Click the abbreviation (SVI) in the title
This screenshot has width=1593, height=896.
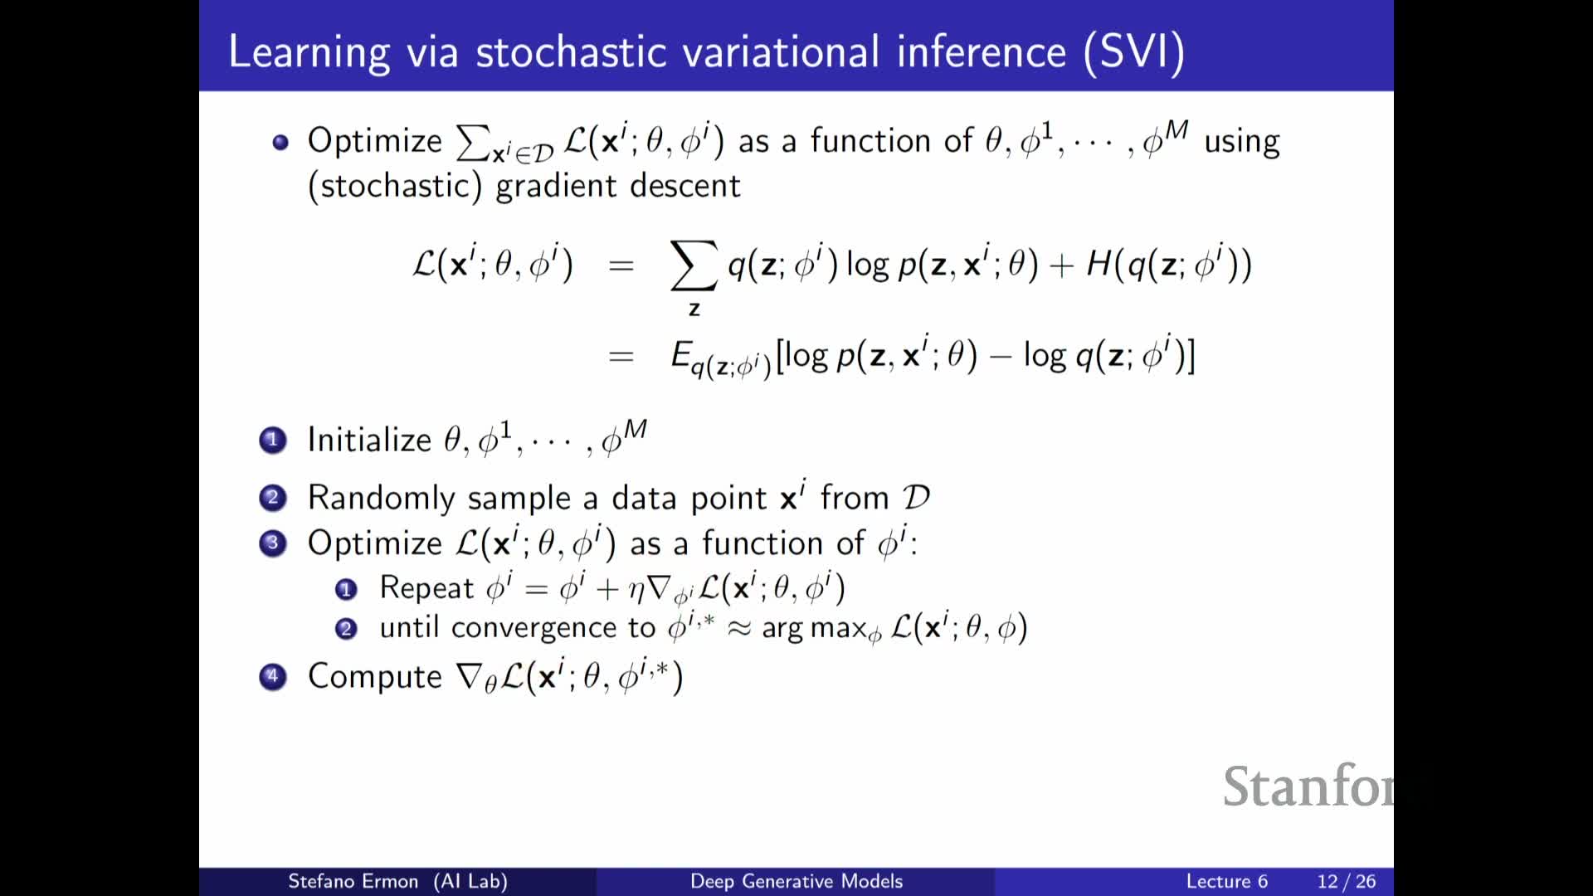(x=1134, y=52)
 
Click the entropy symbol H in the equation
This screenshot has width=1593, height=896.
(x=1099, y=264)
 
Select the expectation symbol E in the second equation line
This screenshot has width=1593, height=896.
(x=680, y=354)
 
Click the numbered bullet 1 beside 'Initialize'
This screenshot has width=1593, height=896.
(x=272, y=440)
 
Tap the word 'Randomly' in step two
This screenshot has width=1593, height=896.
(x=382, y=498)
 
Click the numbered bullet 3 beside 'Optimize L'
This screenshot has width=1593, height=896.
(x=272, y=543)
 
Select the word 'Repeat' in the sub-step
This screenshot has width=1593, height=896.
(x=426, y=587)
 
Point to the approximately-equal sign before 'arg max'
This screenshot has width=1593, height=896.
(x=738, y=629)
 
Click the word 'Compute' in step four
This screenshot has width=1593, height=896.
(x=375, y=677)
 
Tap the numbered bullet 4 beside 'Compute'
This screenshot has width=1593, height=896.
(x=272, y=677)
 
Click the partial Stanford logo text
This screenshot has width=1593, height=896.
(x=1308, y=786)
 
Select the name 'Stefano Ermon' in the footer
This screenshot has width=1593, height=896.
(x=353, y=881)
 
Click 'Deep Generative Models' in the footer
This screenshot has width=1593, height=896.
(x=796, y=881)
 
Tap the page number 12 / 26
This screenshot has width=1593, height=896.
(x=1347, y=881)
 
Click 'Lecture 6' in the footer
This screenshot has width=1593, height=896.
(x=1227, y=881)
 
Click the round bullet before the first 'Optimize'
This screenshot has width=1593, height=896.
(x=280, y=142)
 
